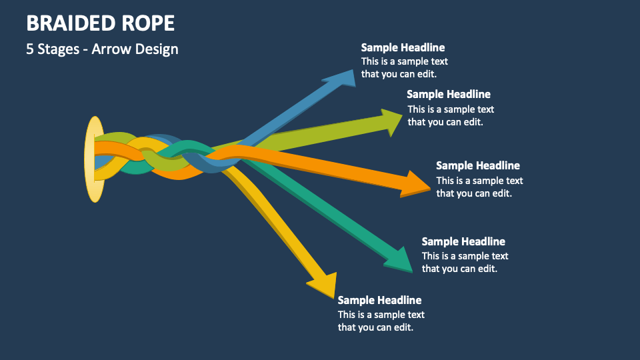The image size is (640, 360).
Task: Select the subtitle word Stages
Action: click(x=59, y=49)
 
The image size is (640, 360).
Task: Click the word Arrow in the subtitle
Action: click(x=111, y=49)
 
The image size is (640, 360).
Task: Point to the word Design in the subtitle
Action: click(x=157, y=49)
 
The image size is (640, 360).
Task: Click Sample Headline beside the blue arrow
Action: click(x=403, y=47)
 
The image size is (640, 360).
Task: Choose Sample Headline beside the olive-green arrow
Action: click(x=449, y=94)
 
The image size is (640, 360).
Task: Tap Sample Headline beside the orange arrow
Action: click(x=478, y=165)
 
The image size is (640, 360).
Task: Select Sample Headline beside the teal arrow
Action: click(x=463, y=241)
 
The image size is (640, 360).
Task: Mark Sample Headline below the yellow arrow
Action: click(x=379, y=300)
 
